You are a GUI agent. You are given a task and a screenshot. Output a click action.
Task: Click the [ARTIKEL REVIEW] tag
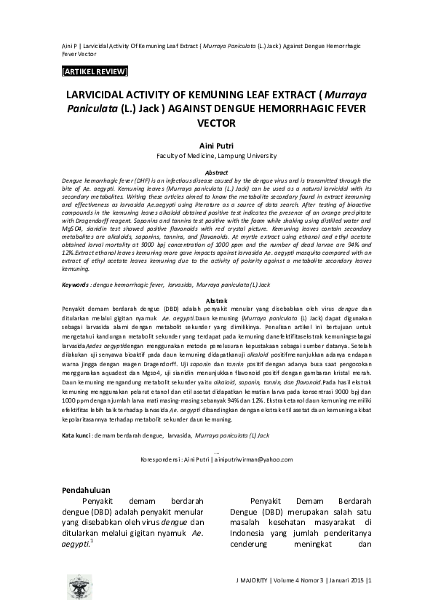point(95,71)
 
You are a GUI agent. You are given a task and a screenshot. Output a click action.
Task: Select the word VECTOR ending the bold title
point(216,123)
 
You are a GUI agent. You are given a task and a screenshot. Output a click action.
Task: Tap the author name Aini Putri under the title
point(216,146)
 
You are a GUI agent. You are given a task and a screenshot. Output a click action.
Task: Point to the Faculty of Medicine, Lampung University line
point(216,156)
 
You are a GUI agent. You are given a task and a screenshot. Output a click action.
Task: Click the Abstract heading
point(216,172)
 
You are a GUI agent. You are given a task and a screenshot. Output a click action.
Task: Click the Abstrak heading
point(216,300)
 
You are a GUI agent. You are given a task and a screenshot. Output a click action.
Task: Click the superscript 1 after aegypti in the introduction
point(92,539)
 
